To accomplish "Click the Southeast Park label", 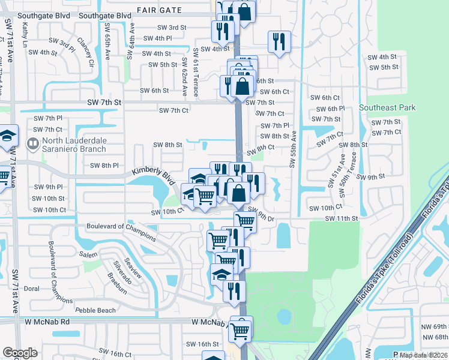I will tap(387, 108).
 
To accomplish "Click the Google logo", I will tap(20, 353).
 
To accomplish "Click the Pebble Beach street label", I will tap(95, 310).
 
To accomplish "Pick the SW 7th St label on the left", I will tap(104, 103).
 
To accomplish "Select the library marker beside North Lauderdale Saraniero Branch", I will tap(32, 143).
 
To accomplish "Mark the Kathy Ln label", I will tap(25, 32).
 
